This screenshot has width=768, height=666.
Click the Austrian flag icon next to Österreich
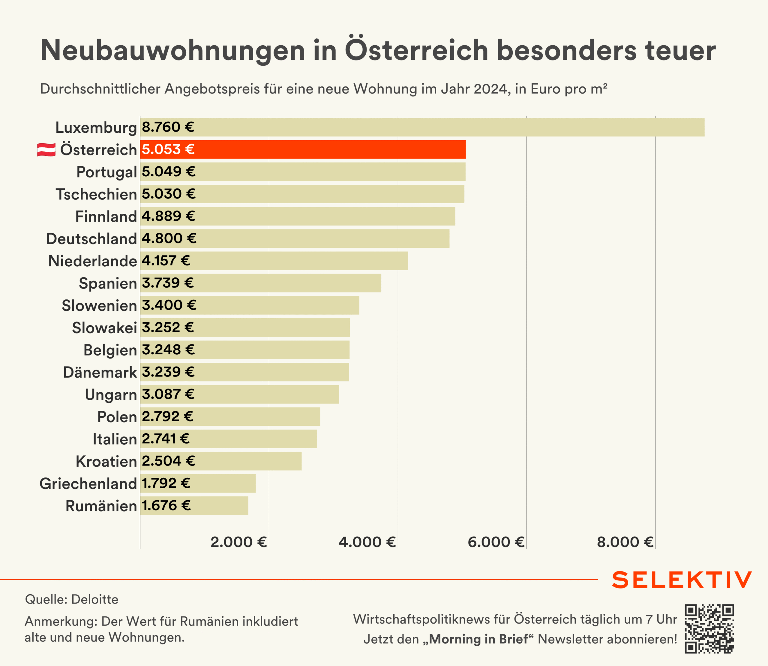46,150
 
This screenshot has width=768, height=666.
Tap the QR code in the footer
709,628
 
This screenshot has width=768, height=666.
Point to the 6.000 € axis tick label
496,542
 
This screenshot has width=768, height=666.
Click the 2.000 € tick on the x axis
238,542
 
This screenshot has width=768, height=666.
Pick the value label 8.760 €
168,127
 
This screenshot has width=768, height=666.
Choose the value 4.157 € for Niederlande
166,261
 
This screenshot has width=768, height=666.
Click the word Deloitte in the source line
95,599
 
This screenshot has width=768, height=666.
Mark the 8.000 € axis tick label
625,542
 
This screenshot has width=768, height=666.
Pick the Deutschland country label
92,239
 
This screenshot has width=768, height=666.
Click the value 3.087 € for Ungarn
168,394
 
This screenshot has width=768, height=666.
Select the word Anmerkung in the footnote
61,621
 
